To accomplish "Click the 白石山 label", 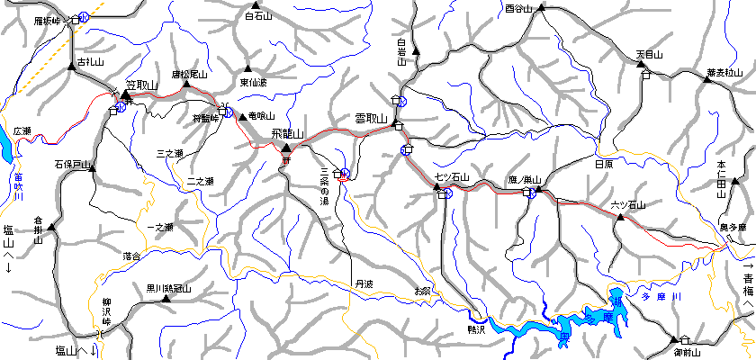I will (258, 15).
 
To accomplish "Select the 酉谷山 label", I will (519, 9).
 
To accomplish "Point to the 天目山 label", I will (649, 54).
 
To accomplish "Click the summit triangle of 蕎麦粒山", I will (707, 81).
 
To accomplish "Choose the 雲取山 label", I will (370, 119).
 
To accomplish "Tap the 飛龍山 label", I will (289, 134).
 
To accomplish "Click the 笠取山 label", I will (142, 85).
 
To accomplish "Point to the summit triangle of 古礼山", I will (70, 67).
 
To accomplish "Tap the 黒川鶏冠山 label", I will (169, 289).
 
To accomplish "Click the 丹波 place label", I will (363, 283).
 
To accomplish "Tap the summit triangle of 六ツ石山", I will (618, 217).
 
